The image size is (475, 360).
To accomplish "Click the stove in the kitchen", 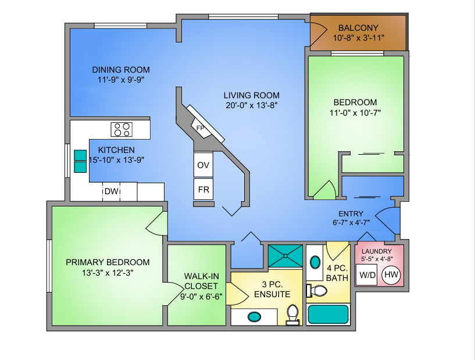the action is pyautogui.click(x=122, y=129).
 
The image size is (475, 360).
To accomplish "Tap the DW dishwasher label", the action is pyautogui.click(x=111, y=191).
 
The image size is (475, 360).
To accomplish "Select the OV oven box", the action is pyautogui.click(x=203, y=165).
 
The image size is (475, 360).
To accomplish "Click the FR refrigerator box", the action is pyautogui.click(x=203, y=190).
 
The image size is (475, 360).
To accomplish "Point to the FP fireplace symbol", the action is pyautogui.click(x=201, y=128).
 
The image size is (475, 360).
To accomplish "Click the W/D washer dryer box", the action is pyautogui.click(x=366, y=275).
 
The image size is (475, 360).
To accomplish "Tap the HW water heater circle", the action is pyautogui.click(x=391, y=275).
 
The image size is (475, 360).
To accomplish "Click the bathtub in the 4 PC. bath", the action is pyautogui.click(x=328, y=315).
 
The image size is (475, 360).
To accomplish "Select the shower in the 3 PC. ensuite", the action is pyautogui.click(x=285, y=256).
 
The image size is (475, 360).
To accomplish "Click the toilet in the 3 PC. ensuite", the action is pyautogui.click(x=292, y=315).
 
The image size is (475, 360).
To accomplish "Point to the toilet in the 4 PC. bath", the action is pyautogui.click(x=317, y=291).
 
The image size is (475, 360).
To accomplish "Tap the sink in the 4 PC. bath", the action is pyautogui.click(x=315, y=262).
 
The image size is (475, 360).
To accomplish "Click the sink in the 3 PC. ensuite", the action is pyautogui.click(x=254, y=316).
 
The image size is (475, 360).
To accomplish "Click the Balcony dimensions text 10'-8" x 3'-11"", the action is pyautogui.click(x=359, y=38).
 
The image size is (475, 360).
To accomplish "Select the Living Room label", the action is pyautogui.click(x=251, y=95).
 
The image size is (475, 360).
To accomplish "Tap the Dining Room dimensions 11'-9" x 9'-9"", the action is pyautogui.click(x=120, y=80).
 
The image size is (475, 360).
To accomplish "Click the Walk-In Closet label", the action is pyautogui.click(x=201, y=281).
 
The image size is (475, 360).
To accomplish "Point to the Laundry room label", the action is pyautogui.click(x=377, y=251).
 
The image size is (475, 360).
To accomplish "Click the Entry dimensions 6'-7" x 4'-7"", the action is pyautogui.click(x=351, y=222).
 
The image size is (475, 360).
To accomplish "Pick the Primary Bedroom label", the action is pyautogui.click(x=108, y=262).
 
